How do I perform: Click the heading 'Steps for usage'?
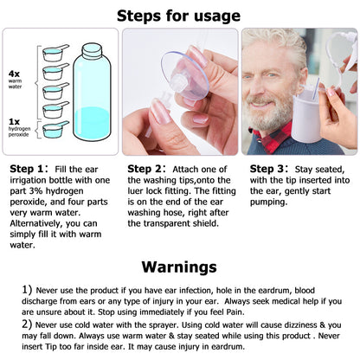click(x=179, y=15)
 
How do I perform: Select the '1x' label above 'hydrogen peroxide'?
click(x=15, y=119)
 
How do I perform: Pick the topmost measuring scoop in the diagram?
click(x=55, y=54)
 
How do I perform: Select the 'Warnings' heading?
click(x=179, y=266)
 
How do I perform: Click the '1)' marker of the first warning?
click(x=27, y=288)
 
